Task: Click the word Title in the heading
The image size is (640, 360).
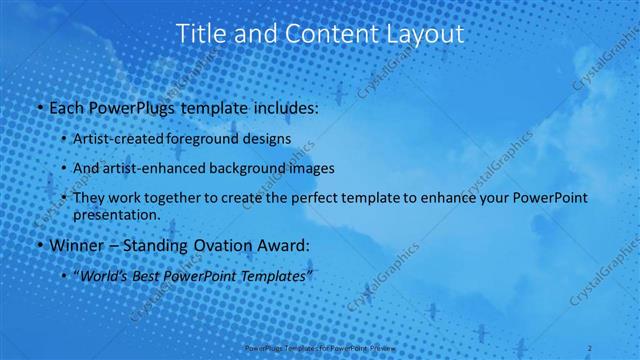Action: coord(200,33)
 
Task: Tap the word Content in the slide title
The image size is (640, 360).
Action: coord(319,33)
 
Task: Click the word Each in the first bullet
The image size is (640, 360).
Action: coord(65,106)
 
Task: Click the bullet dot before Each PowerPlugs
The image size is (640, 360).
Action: coord(37,107)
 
